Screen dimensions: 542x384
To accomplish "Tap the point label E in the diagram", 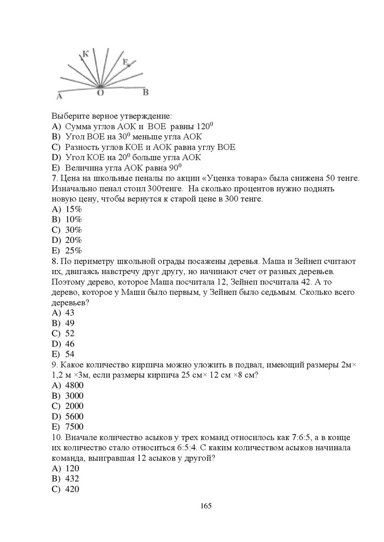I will (126, 62).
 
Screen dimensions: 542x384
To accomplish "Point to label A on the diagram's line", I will (60, 97).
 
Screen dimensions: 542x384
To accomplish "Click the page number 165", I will (206, 506).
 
